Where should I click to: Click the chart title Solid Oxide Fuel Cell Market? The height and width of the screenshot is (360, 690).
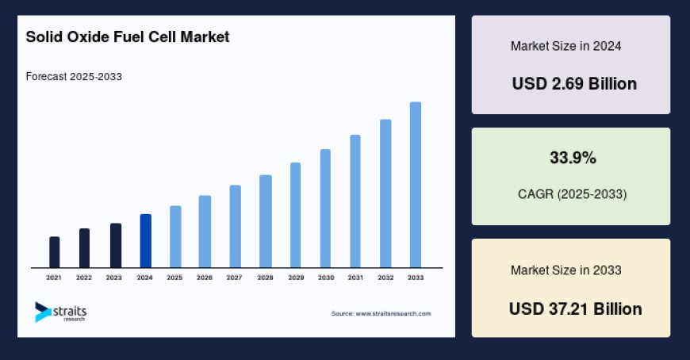[x=128, y=37]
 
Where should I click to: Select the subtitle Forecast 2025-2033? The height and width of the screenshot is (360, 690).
[x=73, y=77]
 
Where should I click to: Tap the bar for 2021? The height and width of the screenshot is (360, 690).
[x=54, y=252]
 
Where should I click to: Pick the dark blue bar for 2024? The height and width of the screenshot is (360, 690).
[x=145, y=241]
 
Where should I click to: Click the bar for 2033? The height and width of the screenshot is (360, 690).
[x=415, y=185]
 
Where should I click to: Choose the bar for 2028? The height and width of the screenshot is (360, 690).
[x=266, y=221]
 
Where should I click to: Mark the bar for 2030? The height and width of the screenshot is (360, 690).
[x=325, y=209]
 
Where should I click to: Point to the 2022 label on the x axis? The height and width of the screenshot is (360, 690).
[x=84, y=278]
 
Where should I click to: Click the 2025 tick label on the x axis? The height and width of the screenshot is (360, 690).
[x=174, y=278]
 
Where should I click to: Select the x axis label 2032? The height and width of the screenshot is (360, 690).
[x=385, y=278]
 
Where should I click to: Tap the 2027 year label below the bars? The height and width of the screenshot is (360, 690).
[x=234, y=278]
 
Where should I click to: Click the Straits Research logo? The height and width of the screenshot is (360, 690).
[x=60, y=312]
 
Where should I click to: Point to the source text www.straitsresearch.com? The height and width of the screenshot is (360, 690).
[x=381, y=314]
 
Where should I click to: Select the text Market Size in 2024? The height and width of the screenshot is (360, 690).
[x=565, y=46]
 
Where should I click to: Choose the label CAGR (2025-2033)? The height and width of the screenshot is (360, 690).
[x=571, y=193]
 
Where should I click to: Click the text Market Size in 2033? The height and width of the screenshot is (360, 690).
[x=565, y=270]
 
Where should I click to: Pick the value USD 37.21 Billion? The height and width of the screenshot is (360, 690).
[x=575, y=308]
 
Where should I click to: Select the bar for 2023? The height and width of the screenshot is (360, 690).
[x=115, y=246]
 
